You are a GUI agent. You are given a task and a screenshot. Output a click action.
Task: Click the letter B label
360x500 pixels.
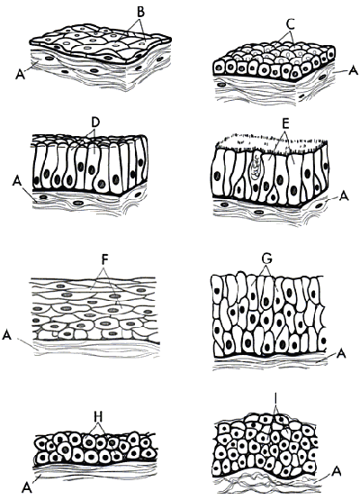point(140,11)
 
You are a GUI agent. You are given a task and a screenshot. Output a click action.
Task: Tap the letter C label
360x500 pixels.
point(290,24)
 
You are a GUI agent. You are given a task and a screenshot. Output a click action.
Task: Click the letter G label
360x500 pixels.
point(266,260)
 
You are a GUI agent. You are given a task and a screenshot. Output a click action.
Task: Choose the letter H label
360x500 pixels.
point(99,417)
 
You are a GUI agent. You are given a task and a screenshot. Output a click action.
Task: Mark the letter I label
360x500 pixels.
point(275,398)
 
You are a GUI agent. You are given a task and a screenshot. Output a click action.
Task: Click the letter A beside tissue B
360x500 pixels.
point(20,76)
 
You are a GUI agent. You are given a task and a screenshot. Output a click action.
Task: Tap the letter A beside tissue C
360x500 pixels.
point(354,71)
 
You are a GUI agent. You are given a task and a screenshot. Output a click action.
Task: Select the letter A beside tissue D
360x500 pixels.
point(17,182)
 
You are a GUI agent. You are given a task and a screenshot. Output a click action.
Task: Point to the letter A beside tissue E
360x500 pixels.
point(344,196)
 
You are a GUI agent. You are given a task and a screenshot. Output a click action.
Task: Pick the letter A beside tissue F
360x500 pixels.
point(7,335)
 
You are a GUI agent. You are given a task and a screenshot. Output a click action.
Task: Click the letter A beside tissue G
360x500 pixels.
point(341,353)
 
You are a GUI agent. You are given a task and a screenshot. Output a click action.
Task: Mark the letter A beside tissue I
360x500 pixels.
point(336,471)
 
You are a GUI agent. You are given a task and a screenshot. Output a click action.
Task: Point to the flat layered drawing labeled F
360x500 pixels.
point(94,309)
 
